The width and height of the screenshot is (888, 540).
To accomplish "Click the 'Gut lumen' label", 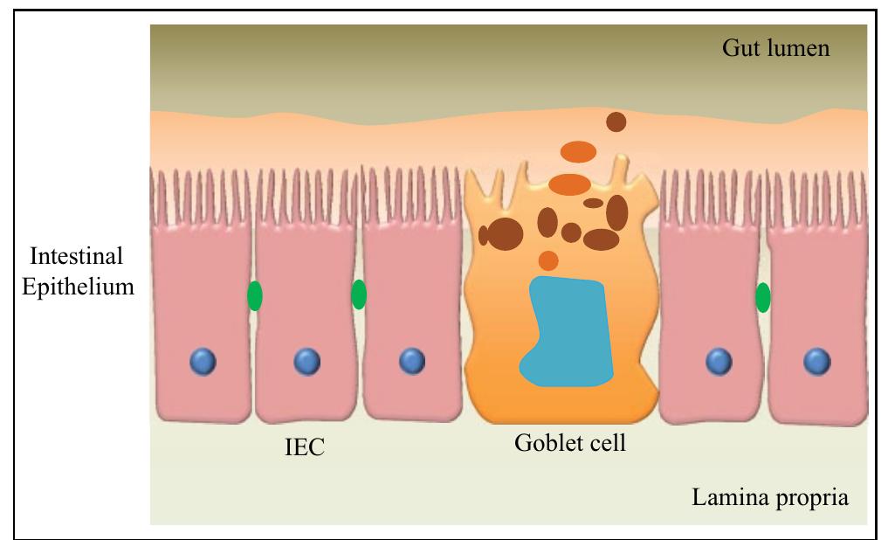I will [x=775, y=47].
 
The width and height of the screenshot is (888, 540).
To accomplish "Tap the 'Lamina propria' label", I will [x=769, y=498].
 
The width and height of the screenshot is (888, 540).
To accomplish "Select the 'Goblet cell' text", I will [x=569, y=443].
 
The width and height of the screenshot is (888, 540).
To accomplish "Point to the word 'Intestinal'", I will [x=77, y=257].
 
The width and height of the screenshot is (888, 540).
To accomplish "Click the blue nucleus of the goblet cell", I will [x=566, y=332].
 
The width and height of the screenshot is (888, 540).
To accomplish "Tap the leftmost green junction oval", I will [x=254, y=296].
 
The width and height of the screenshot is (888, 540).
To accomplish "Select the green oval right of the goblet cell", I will [x=762, y=298].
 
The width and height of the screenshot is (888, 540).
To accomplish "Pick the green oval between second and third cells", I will [x=358, y=294].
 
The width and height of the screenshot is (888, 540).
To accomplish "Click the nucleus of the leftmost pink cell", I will [x=203, y=360].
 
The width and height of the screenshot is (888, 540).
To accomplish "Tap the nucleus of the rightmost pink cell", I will [x=816, y=360].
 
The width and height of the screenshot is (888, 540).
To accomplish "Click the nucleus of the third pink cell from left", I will [x=411, y=360].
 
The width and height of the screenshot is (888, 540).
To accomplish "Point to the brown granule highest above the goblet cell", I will [x=616, y=122].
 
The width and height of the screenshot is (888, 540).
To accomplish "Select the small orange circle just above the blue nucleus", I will [x=548, y=260].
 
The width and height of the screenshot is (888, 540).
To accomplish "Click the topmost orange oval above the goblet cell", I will [x=578, y=152].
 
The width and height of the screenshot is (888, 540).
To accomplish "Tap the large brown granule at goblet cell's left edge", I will [x=506, y=233].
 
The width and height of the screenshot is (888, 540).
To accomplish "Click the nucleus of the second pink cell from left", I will [x=306, y=361].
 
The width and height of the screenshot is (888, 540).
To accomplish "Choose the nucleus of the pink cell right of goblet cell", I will [x=718, y=360].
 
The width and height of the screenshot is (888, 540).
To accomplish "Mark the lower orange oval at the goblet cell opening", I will [x=570, y=184].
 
